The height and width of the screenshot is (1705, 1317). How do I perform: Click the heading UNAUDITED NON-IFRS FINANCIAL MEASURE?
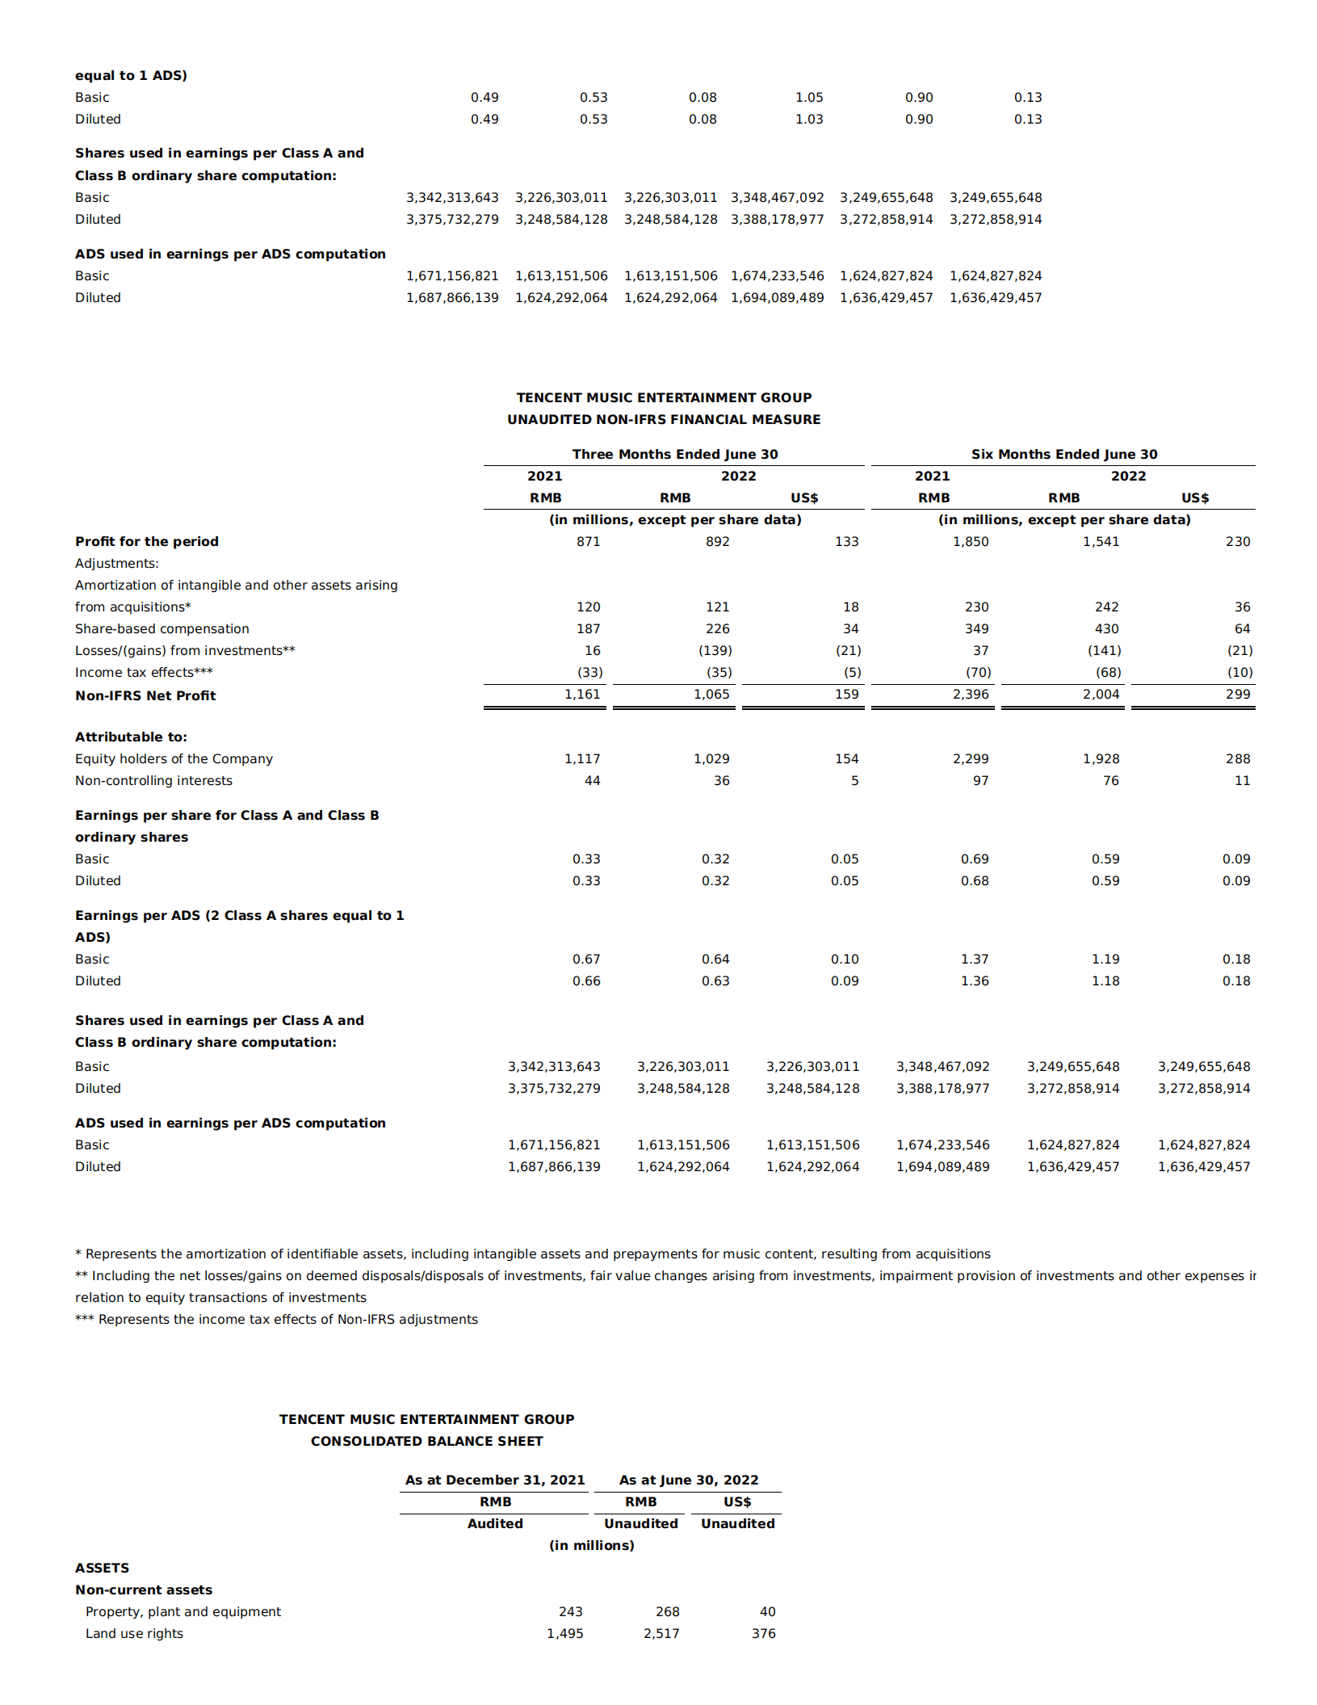pos(664,419)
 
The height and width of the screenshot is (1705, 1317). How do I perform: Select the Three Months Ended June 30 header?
pos(674,454)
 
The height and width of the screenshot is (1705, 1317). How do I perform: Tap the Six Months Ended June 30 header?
pos(1063,454)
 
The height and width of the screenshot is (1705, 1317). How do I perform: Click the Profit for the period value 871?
pos(588,541)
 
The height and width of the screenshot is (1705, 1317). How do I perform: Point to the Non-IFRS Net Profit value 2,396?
pos(971,694)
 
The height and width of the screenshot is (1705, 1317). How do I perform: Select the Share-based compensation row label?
pos(161,628)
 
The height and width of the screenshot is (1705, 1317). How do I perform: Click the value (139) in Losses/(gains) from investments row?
pos(715,650)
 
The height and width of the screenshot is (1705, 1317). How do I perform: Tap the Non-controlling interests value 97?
pos(980,780)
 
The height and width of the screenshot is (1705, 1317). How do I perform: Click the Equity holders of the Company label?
pos(174,758)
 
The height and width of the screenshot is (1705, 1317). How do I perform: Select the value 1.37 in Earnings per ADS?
pos(975,959)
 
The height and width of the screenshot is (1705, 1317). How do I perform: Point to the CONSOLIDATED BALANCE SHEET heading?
pos(426,1441)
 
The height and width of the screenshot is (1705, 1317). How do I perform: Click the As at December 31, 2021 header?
pos(494,1480)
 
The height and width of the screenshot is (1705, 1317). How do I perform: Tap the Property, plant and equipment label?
pos(183,1611)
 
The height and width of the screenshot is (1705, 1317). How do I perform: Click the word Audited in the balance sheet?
pos(495,1523)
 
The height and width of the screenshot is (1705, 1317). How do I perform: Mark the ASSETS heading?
pos(102,1568)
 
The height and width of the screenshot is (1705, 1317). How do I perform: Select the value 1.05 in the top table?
pos(808,97)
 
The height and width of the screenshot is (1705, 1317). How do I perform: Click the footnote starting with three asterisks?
pos(276,1319)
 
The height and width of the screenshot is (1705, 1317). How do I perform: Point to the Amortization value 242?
pos(1106,607)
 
